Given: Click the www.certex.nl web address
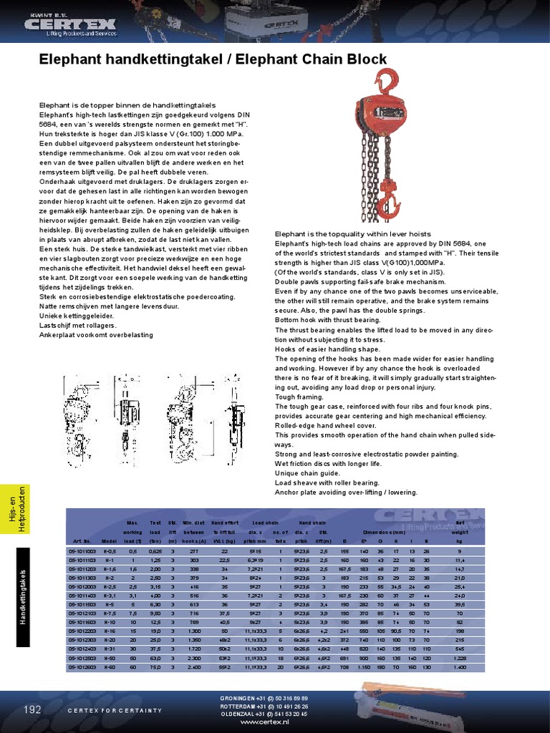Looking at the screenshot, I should click(263, 722).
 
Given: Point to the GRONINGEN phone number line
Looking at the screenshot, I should click(264, 698).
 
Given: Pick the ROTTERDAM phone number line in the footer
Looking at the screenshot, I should click(264, 706).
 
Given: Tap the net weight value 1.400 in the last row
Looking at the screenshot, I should click(458, 667).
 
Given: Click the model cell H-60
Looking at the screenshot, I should click(110, 667).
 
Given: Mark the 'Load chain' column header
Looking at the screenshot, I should click(265, 523).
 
